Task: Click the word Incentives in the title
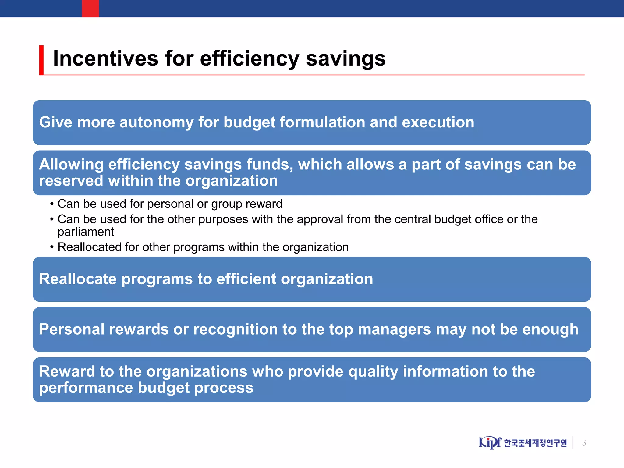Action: pyautogui.click(x=105, y=58)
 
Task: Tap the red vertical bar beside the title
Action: pyautogui.click(x=41, y=60)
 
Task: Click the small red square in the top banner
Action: pyautogui.click(x=90, y=9)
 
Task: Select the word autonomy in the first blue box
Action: pyautogui.click(x=156, y=122)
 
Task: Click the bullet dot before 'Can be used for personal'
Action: pyautogui.click(x=52, y=204)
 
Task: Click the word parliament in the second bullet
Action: pyautogui.click(x=86, y=232)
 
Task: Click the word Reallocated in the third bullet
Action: pyautogui.click(x=89, y=247)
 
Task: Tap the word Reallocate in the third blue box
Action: pyautogui.click(x=78, y=279)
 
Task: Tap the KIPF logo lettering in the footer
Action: pyautogui.click(x=489, y=442)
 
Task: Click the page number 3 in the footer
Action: pyautogui.click(x=584, y=443)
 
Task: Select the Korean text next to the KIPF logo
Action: pyautogui.click(x=535, y=443)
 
